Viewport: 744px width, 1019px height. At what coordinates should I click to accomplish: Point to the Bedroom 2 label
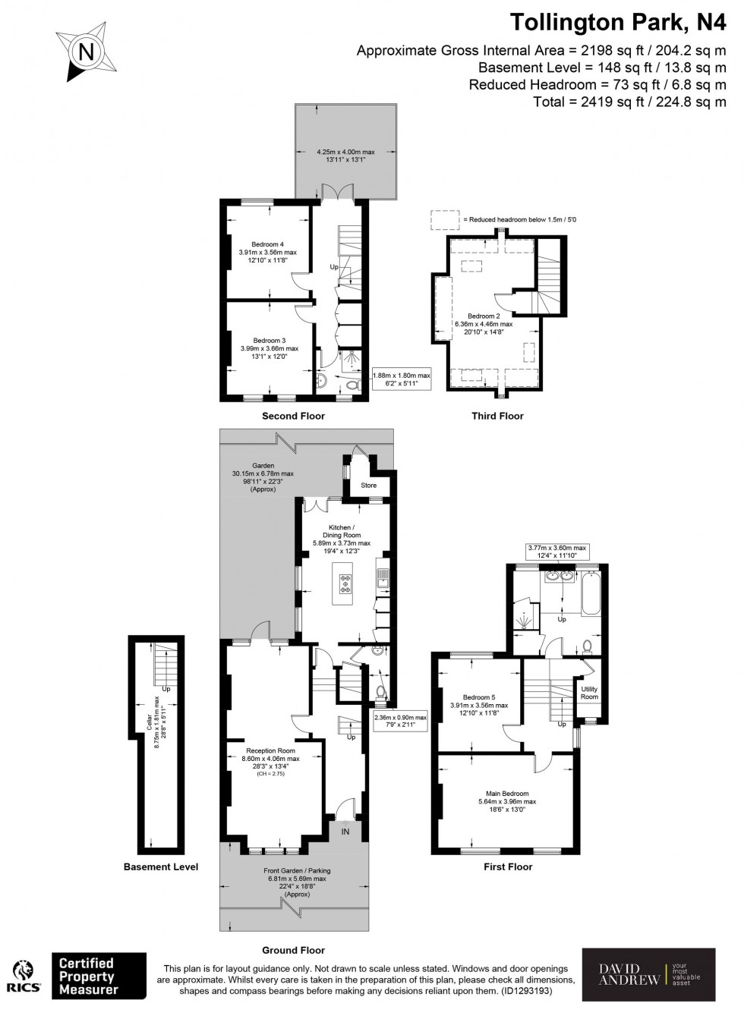click(x=484, y=316)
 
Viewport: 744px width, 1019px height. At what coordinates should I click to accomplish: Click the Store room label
click(x=368, y=486)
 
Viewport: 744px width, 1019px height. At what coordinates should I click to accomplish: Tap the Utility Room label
click(x=589, y=693)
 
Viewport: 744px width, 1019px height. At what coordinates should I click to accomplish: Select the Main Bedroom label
click(x=507, y=794)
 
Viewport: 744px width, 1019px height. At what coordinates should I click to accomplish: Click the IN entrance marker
click(x=345, y=832)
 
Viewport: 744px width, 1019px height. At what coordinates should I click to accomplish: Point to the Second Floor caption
click(x=293, y=416)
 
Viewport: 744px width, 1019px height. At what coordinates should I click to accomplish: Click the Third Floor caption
click(x=497, y=416)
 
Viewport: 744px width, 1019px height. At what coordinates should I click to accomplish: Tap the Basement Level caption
click(x=161, y=866)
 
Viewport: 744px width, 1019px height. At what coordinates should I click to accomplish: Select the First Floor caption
click(x=508, y=866)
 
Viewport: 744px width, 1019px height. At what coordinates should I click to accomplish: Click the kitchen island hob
click(x=345, y=583)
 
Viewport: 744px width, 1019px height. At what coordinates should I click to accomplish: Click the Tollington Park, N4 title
click(x=617, y=23)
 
